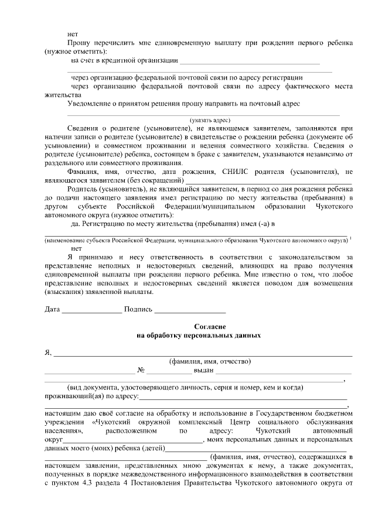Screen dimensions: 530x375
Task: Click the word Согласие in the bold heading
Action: click(x=209, y=326)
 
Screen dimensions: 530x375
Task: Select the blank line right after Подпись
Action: click(x=190, y=310)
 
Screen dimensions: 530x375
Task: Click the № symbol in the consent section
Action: click(x=141, y=370)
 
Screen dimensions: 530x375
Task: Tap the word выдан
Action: click(x=203, y=370)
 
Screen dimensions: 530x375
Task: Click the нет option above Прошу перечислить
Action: click(x=73, y=35)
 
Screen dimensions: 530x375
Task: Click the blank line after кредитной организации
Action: click(x=250, y=61)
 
